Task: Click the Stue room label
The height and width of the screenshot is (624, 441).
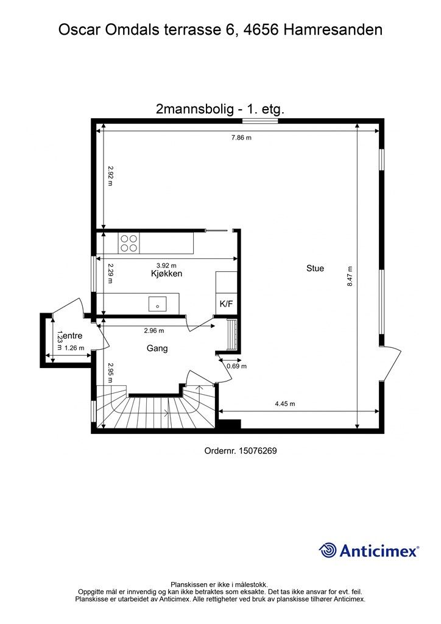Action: tap(315, 268)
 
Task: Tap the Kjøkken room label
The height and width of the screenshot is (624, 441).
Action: tap(167, 274)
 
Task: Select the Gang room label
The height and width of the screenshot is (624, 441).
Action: tap(157, 348)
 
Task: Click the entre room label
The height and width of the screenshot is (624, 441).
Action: tap(72, 336)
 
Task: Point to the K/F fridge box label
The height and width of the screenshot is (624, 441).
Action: tap(226, 304)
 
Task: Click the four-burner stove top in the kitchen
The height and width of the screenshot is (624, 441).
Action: tap(129, 243)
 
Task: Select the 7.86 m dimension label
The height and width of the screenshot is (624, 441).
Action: tap(242, 138)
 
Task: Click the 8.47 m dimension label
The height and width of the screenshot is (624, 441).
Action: tap(350, 276)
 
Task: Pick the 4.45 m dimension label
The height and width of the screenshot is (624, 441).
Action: tap(285, 403)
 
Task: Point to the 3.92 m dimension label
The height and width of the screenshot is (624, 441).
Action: tap(166, 265)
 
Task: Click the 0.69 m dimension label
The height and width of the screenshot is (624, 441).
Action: tap(236, 366)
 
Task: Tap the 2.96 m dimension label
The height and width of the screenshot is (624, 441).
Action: tap(154, 330)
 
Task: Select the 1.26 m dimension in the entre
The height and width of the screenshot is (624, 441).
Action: tap(74, 348)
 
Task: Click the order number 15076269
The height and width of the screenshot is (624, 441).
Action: tap(258, 451)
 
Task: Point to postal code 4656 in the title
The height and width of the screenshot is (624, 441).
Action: tap(261, 30)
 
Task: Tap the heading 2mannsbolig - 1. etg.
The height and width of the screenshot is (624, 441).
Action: tap(220, 109)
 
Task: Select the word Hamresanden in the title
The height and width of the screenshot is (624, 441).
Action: tap(333, 30)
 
